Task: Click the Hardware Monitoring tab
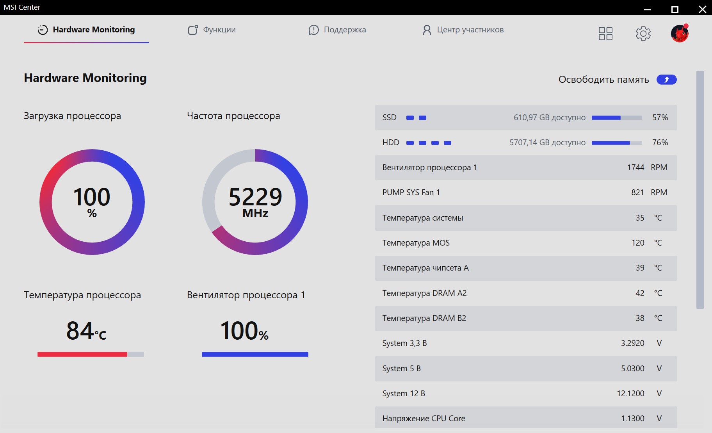coord(86,30)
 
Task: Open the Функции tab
coord(212,30)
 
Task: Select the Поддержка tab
coord(337,30)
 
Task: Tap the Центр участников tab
coord(463,30)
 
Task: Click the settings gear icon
coord(643,34)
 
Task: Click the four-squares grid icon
coord(605,34)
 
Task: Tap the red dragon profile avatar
coord(680,33)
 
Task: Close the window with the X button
coord(702,9)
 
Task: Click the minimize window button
coord(647,10)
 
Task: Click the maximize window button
coord(675,9)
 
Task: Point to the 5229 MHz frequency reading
coord(255,201)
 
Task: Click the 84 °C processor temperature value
coord(86,331)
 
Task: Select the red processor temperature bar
coord(82,354)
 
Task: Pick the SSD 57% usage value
coord(660,118)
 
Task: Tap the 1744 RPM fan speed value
coord(635,167)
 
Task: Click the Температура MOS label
coord(416,243)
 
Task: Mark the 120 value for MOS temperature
coord(638,243)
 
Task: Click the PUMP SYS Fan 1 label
coord(411,192)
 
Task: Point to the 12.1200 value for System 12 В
coord(630,394)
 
